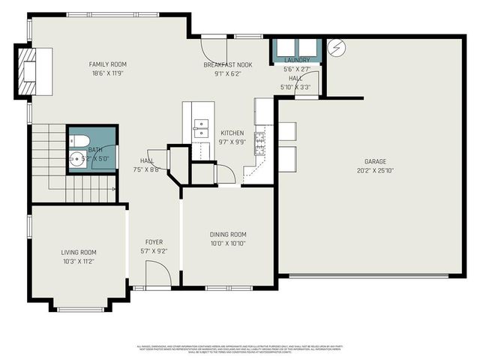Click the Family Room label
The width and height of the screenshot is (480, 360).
point(107,64)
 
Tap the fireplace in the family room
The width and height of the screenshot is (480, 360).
point(31,70)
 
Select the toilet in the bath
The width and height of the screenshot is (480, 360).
point(80,140)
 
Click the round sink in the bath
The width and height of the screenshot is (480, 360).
point(77,159)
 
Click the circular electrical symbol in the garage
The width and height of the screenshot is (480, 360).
point(336,48)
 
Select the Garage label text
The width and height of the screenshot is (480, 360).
point(376,161)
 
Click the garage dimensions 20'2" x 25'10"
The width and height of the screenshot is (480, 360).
point(376,169)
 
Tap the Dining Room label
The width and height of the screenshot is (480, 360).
point(227,235)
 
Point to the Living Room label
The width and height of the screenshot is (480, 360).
point(79,253)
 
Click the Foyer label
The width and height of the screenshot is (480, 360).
point(154,242)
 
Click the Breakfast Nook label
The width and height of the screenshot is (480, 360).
point(228,65)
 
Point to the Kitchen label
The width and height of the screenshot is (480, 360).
point(232,133)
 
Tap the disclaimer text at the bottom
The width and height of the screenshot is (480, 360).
point(240,348)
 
